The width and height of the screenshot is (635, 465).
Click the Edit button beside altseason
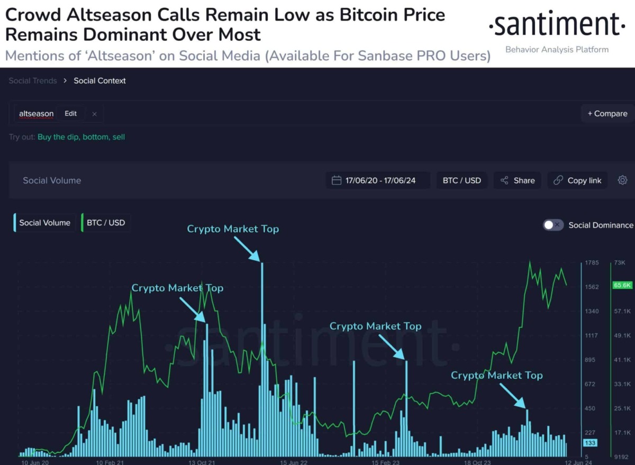coord(70,114)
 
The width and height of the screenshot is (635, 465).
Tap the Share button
coord(518,180)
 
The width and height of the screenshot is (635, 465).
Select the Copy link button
coord(577,180)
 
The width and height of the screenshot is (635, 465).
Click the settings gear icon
coord(622,180)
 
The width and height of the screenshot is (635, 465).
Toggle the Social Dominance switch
coord(553,225)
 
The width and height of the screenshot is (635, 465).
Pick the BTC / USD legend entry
coord(106,223)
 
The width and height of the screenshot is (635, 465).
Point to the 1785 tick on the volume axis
coord(592,263)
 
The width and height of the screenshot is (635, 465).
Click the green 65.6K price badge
coord(622,285)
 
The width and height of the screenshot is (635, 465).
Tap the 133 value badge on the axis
coord(590,443)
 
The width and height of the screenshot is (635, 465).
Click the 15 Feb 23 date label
coord(385,462)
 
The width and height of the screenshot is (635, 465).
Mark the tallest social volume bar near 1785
coord(261,360)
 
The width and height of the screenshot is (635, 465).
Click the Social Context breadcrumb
coord(99,81)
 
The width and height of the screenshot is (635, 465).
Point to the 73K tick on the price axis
coord(619,263)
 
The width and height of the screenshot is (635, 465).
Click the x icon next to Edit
coord(94,114)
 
